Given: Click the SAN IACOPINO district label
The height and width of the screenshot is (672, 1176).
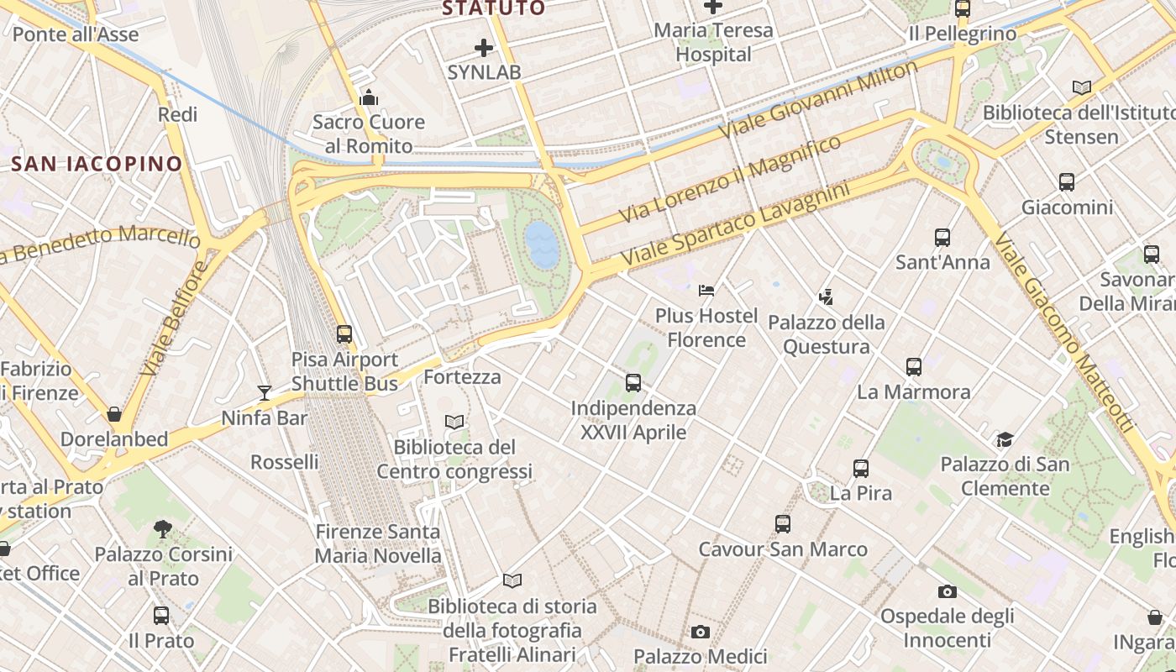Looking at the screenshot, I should click(97, 164).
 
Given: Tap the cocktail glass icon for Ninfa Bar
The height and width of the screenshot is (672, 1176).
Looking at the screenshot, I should click(265, 392).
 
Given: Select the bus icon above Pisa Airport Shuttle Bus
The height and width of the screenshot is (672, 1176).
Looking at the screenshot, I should click(344, 334).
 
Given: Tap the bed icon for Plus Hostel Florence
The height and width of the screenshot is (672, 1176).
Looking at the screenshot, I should click(706, 291).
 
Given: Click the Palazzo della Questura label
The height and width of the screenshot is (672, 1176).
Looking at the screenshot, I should click(827, 334).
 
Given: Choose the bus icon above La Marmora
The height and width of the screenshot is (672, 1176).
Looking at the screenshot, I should click(914, 367).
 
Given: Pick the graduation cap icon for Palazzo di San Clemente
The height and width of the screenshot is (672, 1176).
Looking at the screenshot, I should click(1005, 439).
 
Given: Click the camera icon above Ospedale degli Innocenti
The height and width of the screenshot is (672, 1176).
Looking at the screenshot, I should click(948, 591).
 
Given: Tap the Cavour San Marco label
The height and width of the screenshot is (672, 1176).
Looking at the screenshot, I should click(783, 549).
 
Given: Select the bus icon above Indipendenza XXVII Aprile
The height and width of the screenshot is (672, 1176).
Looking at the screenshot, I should click(633, 383).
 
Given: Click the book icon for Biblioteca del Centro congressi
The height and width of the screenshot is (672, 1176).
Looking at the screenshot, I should click(454, 422).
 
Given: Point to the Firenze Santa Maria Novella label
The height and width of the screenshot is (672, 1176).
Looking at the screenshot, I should click(378, 543).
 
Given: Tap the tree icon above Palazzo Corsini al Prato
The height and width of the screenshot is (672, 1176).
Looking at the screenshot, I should click(163, 529).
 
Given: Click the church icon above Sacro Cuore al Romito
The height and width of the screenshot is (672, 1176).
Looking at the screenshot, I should click(368, 98).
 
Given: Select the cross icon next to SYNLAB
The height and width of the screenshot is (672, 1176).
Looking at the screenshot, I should click(484, 48).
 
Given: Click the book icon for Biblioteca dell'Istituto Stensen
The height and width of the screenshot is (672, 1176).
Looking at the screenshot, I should click(1082, 87).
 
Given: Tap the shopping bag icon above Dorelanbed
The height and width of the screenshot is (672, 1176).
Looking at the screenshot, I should click(114, 414).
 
